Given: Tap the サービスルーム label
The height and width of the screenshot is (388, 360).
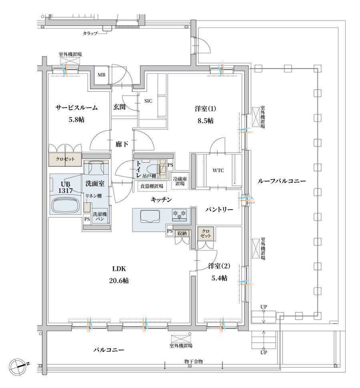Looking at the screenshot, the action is (76, 108).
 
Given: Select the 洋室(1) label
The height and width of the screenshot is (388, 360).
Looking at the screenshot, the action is (205, 109).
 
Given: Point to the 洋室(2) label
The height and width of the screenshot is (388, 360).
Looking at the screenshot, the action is (219, 266).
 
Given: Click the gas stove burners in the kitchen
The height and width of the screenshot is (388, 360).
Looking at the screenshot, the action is (179, 214).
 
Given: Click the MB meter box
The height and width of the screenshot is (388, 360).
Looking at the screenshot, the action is (101, 74).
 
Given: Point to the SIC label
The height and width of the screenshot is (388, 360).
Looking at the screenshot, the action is (148, 101).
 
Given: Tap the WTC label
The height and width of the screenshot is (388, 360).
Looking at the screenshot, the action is (218, 170).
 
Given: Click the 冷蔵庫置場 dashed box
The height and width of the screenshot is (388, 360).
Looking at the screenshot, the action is (180, 181).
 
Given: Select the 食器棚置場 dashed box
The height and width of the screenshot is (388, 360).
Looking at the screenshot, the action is (152, 186).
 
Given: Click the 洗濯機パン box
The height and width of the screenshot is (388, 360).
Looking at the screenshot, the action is (100, 216).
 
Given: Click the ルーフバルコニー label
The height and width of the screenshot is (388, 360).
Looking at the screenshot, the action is (282, 181).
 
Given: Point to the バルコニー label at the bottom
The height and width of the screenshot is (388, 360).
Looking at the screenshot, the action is (109, 350).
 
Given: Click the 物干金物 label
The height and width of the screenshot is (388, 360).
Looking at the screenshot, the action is (193, 361).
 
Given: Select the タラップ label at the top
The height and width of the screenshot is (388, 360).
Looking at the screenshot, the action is (90, 34).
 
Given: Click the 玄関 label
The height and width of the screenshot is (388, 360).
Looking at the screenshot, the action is (120, 107).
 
